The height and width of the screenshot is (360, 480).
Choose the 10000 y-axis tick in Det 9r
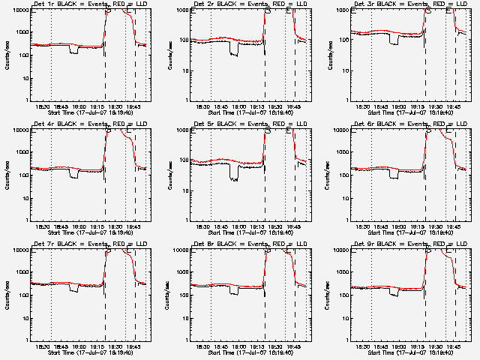(337, 250)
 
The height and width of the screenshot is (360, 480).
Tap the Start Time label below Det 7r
(90, 352)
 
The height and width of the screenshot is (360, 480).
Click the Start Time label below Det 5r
(250, 232)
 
